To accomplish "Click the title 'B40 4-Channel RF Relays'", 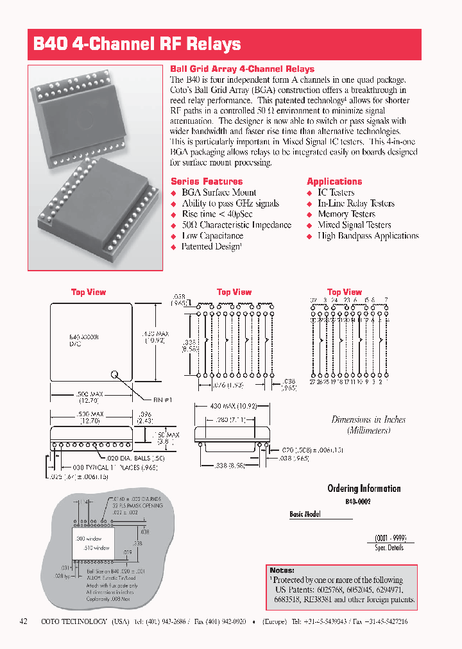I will (137, 44).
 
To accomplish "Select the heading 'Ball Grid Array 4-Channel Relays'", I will (242, 69).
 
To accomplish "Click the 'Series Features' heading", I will (207, 181).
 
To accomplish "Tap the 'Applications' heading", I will (334, 181).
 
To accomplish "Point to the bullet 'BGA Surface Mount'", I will (219, 192).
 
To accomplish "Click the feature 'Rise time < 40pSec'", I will (217, 214).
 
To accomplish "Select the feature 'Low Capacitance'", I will (212, 236).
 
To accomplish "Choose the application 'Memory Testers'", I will (346, 214).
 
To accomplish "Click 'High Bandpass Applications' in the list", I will (368, 236).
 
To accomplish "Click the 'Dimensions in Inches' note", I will (368, 419).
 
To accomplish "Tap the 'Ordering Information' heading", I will (364, 489).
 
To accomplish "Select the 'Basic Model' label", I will (305, 514).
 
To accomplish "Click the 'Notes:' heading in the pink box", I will (282, 570).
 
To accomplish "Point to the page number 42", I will (24, 622).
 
